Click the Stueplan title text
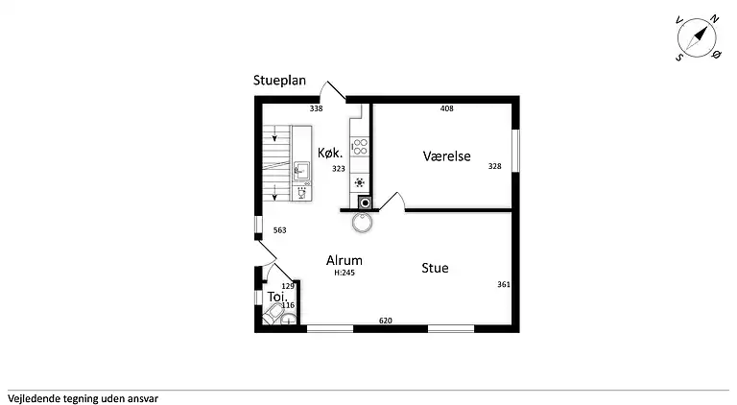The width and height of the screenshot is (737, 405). point(279,81)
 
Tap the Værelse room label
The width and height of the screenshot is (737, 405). point(446,156)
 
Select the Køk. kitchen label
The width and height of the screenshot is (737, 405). point(330,153)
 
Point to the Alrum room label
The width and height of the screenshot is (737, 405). point(345,260)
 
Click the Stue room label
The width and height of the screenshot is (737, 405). point(435,268)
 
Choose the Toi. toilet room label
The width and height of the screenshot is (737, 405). point(277,297)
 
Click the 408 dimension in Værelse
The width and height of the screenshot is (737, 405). point(446,108)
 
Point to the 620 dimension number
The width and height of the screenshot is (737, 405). point(386,321)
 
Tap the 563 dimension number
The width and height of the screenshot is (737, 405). point(279,230)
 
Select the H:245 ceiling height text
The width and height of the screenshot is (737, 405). point(345,273)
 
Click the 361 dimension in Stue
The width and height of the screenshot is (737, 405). point(504,284)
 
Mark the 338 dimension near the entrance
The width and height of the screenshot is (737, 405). point(317,108)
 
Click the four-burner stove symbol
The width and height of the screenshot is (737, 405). point(360,146)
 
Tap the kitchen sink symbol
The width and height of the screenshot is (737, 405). point(301,170)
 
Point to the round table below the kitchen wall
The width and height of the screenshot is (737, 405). point(363,223)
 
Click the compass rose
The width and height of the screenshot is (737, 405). point(697,38)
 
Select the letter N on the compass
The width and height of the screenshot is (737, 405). point(714,19)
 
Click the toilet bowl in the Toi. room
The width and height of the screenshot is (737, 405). point(273,314)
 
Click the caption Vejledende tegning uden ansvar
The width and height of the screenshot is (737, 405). point(83,399)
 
